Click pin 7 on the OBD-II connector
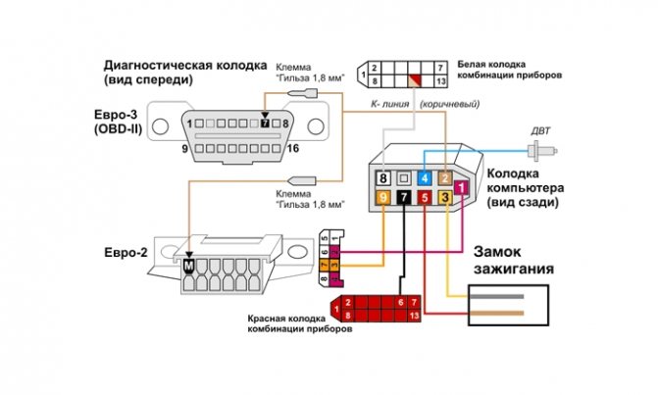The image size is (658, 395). pyautogui.click(x=265, y=124)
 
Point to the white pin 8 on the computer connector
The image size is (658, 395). pyautogui.click(x=383, y=178)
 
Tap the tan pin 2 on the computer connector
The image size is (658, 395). pyautogui.click(x=444, y=178)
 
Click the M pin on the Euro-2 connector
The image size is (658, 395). pyautogui.click(x=186, y=264)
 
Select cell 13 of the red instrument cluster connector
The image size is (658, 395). pyautogui.click(x=416, y=316)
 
